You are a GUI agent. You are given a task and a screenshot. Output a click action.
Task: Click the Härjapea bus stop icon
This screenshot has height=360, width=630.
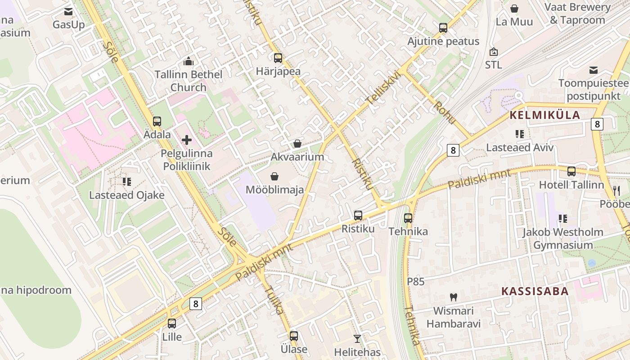[x=278, y=58]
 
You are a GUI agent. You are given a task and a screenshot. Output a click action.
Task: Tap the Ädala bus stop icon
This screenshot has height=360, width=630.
[x=157, y=121]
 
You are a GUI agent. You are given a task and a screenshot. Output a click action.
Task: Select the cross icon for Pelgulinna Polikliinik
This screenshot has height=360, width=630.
[x=187, y=140]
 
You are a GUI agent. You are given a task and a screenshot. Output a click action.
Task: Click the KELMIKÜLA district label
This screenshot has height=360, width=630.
[x=545, y=115]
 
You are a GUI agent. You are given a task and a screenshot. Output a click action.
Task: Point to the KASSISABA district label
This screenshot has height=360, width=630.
[x=535, y=291]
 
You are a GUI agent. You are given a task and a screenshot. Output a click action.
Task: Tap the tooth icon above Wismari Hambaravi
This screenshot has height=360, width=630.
[x=454, y=297]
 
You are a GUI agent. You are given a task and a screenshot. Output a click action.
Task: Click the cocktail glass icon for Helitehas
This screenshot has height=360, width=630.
[x=357, y=338]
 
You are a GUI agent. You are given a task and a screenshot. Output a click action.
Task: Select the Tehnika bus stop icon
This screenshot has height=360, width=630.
[x=408, y=218]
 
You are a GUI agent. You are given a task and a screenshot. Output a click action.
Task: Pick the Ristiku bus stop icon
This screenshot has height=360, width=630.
[x=358, y=215]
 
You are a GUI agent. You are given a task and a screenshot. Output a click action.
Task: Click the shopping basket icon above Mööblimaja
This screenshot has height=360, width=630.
[x=274, y=176]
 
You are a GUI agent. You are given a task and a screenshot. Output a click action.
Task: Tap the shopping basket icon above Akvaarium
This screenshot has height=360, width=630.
[x=297, y=144]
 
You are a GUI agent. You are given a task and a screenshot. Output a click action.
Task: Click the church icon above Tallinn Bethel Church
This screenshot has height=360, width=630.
[x=188, y=61]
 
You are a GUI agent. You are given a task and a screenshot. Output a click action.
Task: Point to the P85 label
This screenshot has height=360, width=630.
[x=416, y=282]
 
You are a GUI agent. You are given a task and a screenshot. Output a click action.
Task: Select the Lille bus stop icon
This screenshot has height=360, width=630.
[x=172, y=323]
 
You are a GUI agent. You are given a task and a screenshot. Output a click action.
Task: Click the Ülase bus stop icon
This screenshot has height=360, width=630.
[x=294, y=336]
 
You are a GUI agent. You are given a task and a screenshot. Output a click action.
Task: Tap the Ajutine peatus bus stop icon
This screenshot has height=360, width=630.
[x=443, y=28]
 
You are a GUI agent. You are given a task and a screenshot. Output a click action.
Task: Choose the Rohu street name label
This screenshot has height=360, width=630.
[x=445, y=113]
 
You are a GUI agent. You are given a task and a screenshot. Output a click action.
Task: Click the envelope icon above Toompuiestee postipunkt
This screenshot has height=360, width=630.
[x=594, y=70]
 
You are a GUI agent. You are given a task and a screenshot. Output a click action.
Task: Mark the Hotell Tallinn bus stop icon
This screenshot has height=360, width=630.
[x=571, y=171]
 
